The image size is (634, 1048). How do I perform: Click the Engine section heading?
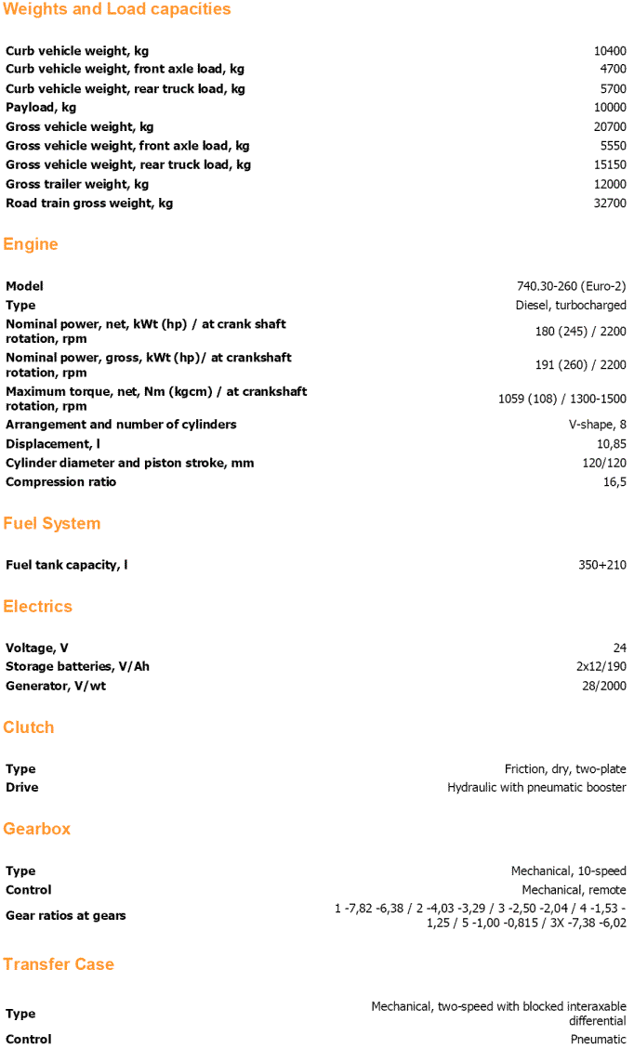(x=31, y=244)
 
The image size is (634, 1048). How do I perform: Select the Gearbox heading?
(x=37, y=829)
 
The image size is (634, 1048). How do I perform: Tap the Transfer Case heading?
(x=59, y=964)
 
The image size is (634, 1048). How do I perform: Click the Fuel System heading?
(x=51, y=524)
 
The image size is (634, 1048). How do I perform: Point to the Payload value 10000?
(x=610, y=108)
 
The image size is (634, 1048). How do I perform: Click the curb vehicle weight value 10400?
(x=610, y=51)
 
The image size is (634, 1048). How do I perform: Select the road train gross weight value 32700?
(x=610, y=203)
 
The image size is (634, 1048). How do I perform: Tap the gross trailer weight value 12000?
(x=610, y=184)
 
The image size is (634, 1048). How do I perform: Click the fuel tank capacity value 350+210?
(x=602, y=565)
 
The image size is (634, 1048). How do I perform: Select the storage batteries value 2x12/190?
(x=601, y=667)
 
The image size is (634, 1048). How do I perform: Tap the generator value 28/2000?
(x=604, y=686)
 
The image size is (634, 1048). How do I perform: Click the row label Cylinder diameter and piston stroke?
(x=129, y=463)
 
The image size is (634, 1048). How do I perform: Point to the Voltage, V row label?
(x=37, y=648)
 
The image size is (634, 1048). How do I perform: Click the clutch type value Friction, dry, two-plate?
(x=565, y=769)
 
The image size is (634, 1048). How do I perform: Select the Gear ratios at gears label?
(x=65, y=916)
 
